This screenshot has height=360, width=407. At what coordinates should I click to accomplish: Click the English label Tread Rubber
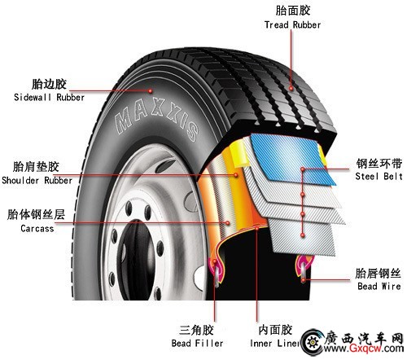click(x=292, y=25)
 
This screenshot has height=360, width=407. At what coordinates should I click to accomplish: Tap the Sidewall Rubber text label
click(x=49, y=97)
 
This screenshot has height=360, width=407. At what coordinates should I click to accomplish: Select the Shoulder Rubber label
click(x=37, y=180)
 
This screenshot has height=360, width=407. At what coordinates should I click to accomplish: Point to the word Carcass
click(x=37, y=228)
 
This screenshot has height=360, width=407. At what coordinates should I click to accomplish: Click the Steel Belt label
click(x=379, y=176)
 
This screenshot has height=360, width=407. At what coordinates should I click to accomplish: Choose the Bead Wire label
click(x=379, y=286)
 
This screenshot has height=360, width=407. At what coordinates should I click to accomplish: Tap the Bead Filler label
click(x=197, y=343)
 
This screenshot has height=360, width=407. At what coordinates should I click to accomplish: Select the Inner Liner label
click(x=274, y=343)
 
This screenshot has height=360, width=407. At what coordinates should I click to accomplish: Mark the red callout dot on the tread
click(x=291, y=88)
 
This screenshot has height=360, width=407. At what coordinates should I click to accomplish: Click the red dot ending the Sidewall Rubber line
click(x=150, y=91)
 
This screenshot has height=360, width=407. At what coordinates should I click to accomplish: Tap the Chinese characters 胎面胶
click(x=293, y=11)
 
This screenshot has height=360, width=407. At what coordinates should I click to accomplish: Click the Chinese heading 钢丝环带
click(x=379, y=164)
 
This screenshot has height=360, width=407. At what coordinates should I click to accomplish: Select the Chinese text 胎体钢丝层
click(x=36, y=214)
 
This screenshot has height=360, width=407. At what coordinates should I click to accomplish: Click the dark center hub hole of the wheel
click(x=137, y=259)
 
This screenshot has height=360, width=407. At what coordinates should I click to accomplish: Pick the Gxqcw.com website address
click(x=363, y=348)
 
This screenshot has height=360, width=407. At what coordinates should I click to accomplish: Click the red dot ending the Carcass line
click(x=227, y=223)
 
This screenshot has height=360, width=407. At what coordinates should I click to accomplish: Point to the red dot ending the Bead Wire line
click(x=304, y=279)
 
